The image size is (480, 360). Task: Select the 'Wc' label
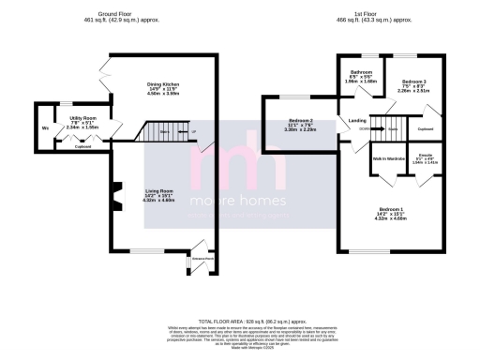[x=44, y=128]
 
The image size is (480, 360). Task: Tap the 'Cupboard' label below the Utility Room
[x=83, y=146]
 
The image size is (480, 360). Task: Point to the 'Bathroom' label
[x=362, y=71]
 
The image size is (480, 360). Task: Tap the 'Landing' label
[x=357, y=121]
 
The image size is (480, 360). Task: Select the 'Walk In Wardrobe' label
[x=388, y=159]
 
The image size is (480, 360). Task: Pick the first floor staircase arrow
[x=386, y=129]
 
